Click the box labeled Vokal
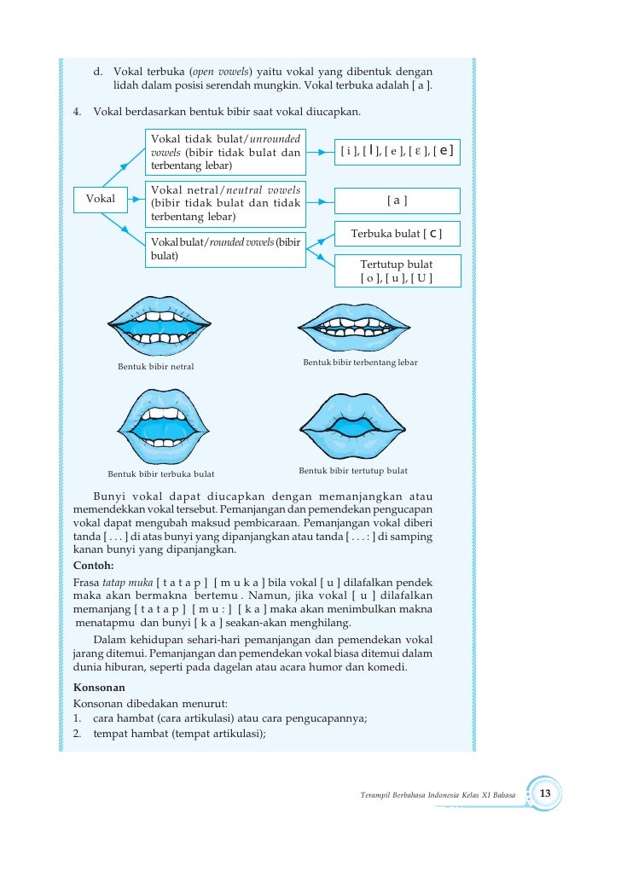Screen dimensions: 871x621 (101, 200)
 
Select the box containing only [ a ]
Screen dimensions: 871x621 (397, 200)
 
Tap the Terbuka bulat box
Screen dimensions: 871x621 (397, 233)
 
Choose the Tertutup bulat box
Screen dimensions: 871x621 (397, 271)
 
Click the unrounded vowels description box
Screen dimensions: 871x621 (226, 151)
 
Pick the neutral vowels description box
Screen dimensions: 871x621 (226, 202)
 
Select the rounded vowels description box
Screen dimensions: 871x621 (226, 248)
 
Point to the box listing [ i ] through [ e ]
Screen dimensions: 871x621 (397, 152)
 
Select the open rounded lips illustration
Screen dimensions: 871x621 (160, 425)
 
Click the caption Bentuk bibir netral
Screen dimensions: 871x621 (155, 367)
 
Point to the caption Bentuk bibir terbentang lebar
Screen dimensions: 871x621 (360, 363)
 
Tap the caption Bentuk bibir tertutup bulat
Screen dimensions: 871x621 (353, 471)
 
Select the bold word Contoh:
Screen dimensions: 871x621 (94, 565)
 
